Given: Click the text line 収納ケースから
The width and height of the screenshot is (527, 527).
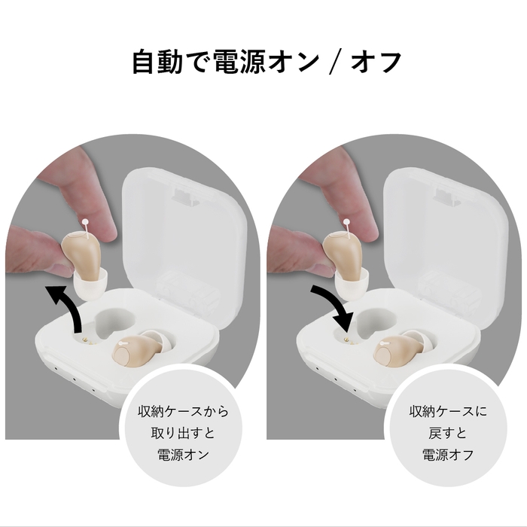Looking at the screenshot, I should (x=182, y=413).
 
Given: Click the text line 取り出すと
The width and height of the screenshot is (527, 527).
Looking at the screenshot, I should (x=182, y=434).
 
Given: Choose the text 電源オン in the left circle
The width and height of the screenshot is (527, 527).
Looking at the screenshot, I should (x=182, y=455).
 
